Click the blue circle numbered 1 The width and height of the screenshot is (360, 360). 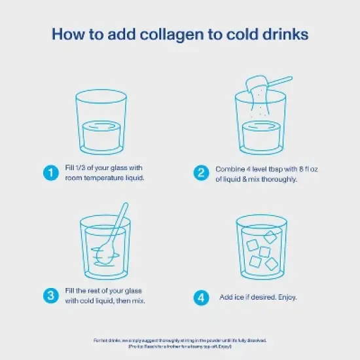point(49,173)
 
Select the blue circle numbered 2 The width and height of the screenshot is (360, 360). point(202,173)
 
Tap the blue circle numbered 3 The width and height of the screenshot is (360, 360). point(49,296)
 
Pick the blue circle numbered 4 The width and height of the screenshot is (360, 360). point(202,297)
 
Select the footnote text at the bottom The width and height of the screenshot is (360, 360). point(180,343)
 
